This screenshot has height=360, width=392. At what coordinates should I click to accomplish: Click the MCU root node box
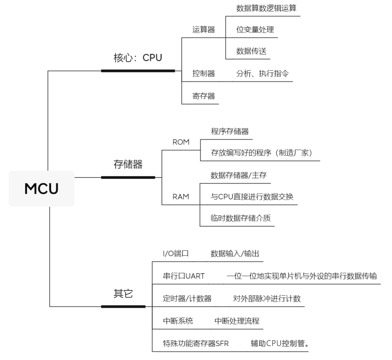41,189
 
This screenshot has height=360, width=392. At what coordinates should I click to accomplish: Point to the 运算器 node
203,30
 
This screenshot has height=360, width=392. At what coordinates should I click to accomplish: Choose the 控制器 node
203,74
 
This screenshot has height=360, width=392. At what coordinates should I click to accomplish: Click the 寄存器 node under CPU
203,96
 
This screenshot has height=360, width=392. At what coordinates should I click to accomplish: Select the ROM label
181,142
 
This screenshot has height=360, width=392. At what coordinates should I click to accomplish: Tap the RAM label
181,197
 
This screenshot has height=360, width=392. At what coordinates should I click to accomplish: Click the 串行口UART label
184,276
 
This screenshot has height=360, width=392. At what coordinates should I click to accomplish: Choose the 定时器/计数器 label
187,299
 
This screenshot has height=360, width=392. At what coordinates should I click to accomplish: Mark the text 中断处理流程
237,321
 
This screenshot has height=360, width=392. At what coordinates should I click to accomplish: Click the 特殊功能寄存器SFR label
196,343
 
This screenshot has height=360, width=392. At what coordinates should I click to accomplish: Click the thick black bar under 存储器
128,177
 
